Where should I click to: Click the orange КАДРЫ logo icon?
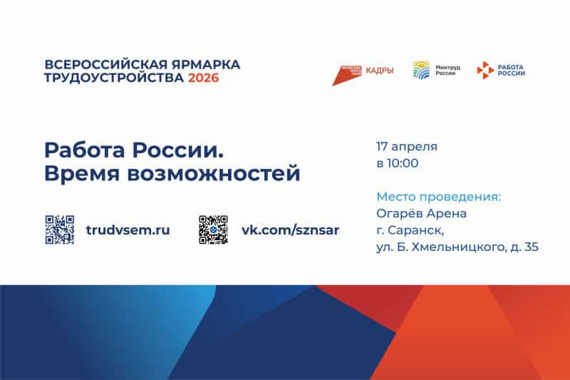coord(348,73)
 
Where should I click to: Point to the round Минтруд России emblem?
coord(422,70)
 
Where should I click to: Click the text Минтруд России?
coord(447,70)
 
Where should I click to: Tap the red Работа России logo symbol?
coord(484,70)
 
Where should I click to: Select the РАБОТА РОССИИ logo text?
coord(512,70)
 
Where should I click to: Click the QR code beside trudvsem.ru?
coord(60,230)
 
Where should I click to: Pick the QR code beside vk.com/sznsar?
coord(213,230)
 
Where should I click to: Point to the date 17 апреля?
coord(406,147)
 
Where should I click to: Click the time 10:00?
coord(403,163)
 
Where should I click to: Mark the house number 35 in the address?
coord(531,247)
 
